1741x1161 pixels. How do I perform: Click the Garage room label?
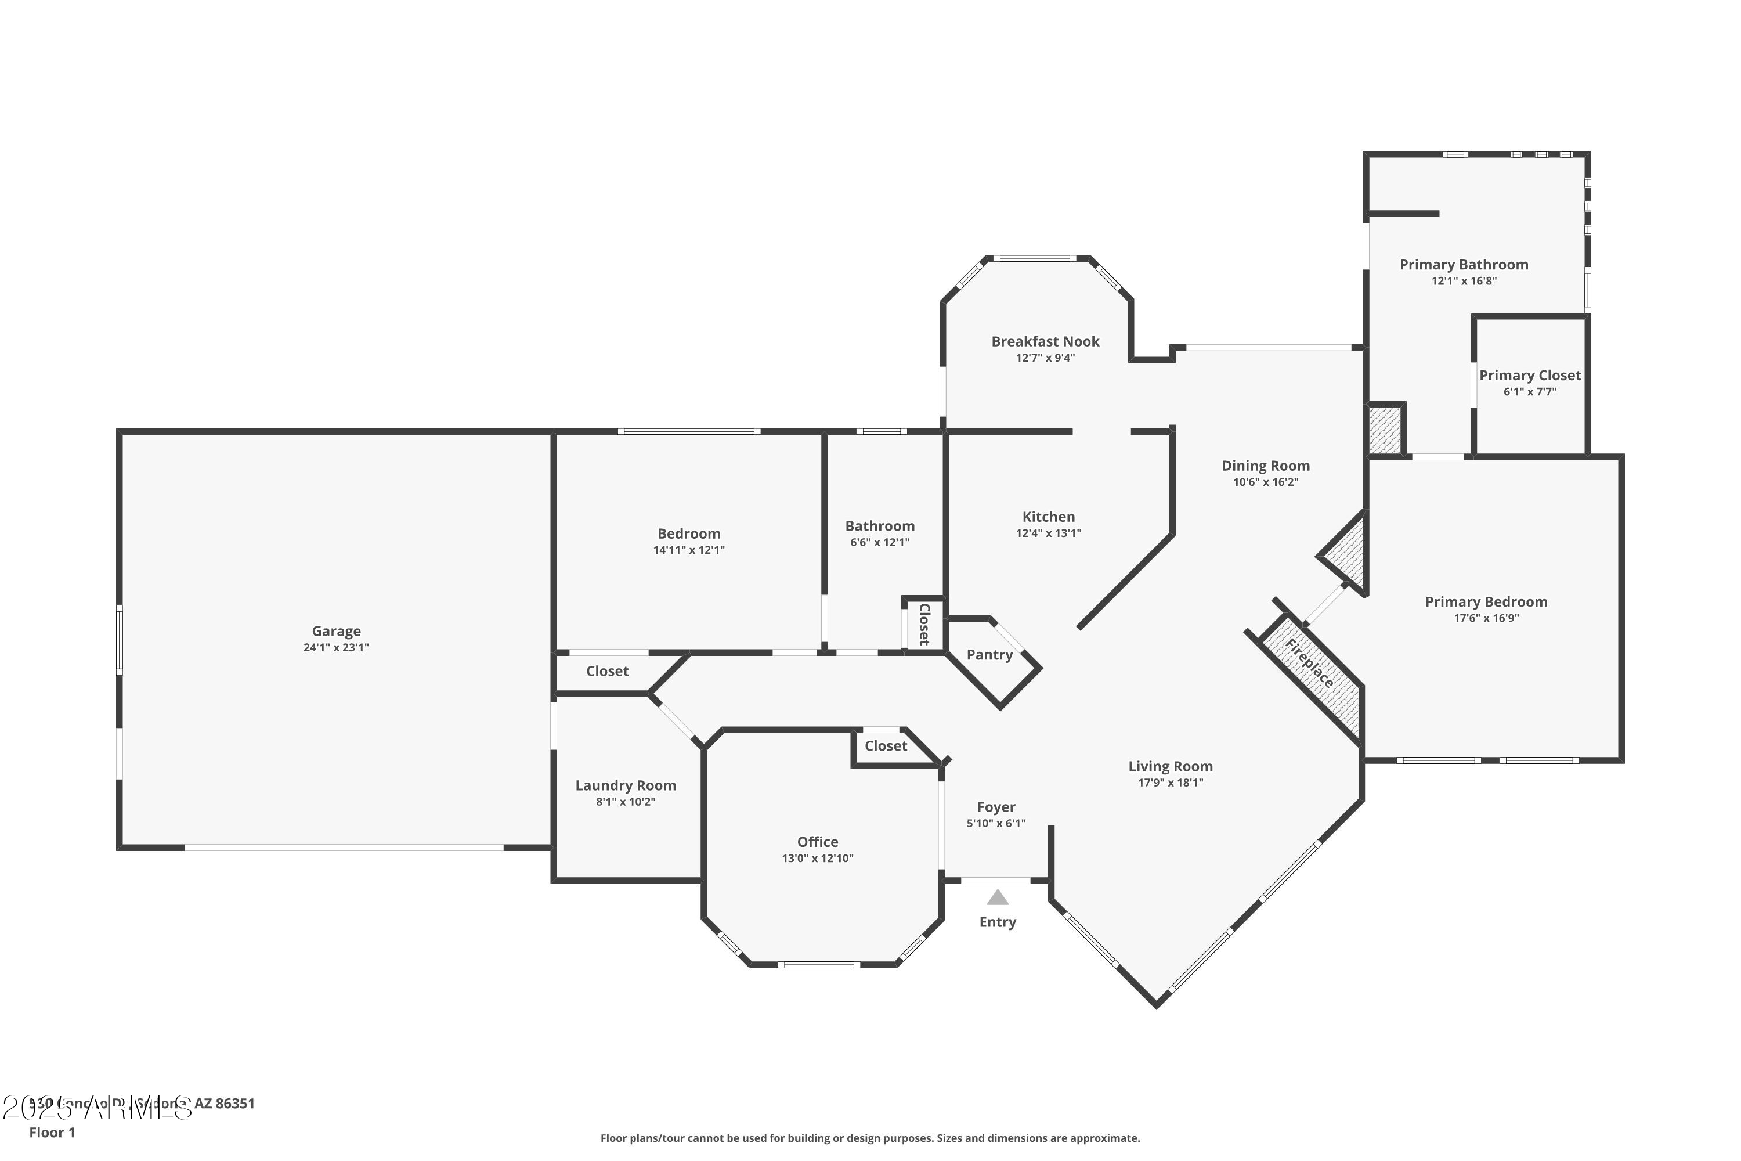point(336,631)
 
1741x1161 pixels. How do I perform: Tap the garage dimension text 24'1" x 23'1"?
point(336,647)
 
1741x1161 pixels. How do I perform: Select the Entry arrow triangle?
point(997,897)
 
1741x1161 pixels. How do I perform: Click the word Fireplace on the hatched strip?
point(1309,664)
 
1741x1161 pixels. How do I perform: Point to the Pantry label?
point(989,655)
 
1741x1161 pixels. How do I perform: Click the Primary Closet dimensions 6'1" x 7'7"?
point(1529,392)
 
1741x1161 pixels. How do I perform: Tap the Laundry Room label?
point(626,785)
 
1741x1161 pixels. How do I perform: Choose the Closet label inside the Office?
point(886,745)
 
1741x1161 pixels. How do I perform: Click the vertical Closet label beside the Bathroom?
point(924,624)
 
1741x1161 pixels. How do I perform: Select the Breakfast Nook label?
point(1045,341)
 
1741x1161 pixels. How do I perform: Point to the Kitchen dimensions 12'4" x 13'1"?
point(1048,533)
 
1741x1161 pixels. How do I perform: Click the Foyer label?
point(996,807)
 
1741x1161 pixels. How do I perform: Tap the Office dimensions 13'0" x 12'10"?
point(817,858)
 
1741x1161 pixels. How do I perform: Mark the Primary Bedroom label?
point(1486,602)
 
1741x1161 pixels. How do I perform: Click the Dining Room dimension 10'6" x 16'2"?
point(1265,482)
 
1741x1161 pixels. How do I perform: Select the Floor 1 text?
point(52,1132)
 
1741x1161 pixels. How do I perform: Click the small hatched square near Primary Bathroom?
point(1384,430)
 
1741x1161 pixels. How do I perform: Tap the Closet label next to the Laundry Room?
point(607,671)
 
